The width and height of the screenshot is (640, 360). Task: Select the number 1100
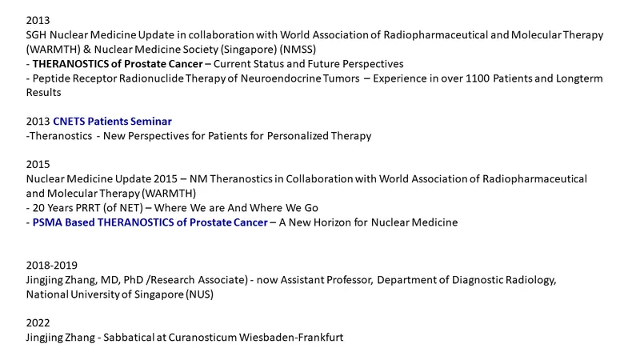point(478,78)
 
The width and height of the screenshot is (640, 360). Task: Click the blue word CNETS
point(69,122)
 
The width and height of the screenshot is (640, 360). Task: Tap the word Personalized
point(298,136)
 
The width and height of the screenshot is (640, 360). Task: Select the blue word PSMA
point(47,222)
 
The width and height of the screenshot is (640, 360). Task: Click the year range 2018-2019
point(52,266)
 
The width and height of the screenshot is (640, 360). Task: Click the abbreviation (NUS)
point(199,294)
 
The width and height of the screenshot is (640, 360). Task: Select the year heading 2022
point(38,323)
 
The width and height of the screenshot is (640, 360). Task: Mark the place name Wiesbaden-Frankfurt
point(291,338)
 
